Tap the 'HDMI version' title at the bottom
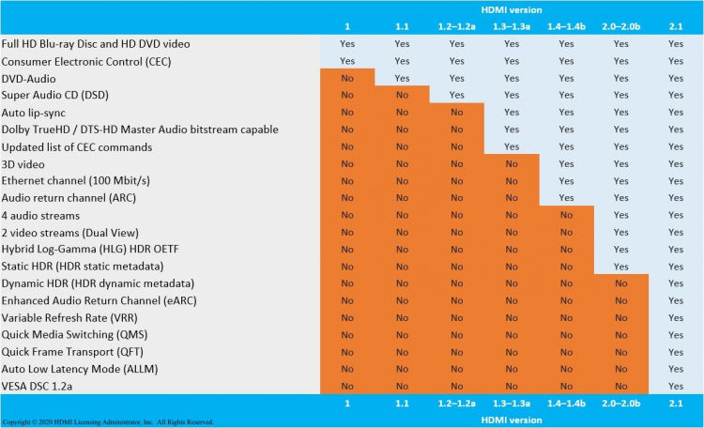(x=511, y=419)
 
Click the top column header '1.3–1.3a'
(x=511, y=26)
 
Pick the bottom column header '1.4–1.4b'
(x=565, y=403)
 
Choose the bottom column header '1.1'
(x=402, y=403)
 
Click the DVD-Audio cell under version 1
(x=346, y=78)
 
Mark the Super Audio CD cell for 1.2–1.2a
(x=456, y=95)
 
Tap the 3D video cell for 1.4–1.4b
(x=565, y=163)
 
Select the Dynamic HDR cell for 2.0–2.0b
(x=620, y=283)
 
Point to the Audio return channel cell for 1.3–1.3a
(x=511, y=197)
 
